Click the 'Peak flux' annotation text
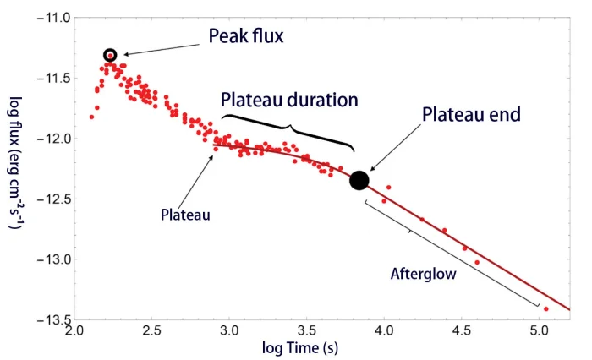point(247,36)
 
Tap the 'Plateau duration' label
point(289,100)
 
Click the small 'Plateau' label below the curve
point(185,215)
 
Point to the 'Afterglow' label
point(423,274)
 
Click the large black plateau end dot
point(359,180)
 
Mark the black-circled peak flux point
point(110,55)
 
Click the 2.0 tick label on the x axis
point(75,333)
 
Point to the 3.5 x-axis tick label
point(307,333)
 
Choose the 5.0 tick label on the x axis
point(539,333)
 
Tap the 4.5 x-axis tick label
point(462,333)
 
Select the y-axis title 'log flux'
point(15,169)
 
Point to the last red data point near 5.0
point(546,309)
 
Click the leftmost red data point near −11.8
point(91,117)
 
